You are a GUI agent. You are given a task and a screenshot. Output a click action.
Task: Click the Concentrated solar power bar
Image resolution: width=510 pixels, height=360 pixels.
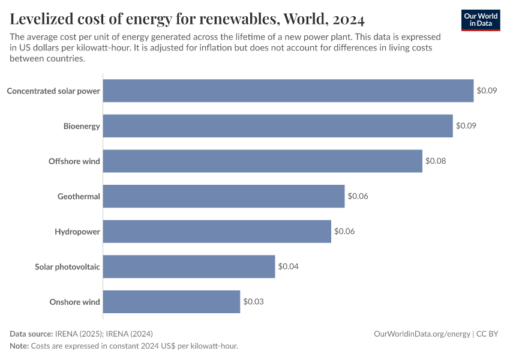tap(288, 91)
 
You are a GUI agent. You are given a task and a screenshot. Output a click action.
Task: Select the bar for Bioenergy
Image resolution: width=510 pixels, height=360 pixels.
tap(278, 126)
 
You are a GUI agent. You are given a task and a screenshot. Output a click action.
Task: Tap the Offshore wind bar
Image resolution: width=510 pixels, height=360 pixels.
tap(263, 161)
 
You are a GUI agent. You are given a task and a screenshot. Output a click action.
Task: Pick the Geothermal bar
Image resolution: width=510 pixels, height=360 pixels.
tap(224, 196)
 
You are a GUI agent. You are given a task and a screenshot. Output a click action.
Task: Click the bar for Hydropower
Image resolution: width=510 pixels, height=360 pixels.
tap(217, 231)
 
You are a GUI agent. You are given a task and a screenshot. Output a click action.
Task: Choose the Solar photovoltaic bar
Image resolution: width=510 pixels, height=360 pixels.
tap(189, 266)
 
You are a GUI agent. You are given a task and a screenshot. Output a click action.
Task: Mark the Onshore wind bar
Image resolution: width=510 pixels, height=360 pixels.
tap(172, 301)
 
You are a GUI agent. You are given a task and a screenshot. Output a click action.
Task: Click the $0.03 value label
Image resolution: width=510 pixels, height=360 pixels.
tap(253, 301)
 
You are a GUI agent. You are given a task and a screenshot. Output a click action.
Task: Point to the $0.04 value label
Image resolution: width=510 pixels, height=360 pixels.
tap(288, 266)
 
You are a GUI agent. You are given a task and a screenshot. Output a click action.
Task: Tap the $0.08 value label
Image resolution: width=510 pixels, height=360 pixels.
tap(436, 161)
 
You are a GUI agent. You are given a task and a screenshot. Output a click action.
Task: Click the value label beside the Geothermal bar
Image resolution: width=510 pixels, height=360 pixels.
tap(358, 196)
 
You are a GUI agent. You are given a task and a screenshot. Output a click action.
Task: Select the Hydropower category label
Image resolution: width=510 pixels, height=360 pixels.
tap(77, 232)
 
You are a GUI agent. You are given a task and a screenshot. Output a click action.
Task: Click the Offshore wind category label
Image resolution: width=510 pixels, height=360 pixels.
tap(74, 161)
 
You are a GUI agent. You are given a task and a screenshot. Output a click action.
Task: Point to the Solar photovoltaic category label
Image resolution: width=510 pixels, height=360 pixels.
tap(67, 266)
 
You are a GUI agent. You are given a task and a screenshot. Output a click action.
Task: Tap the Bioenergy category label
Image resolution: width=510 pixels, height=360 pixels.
tap(82, 126)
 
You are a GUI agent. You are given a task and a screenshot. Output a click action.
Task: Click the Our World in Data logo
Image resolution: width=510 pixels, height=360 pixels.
tap(481, 20)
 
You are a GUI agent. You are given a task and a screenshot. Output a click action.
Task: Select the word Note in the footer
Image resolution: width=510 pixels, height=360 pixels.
tap(20, 346)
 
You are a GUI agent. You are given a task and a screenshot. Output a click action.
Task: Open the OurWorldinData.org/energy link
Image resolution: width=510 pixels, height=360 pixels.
tap(422, 334)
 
